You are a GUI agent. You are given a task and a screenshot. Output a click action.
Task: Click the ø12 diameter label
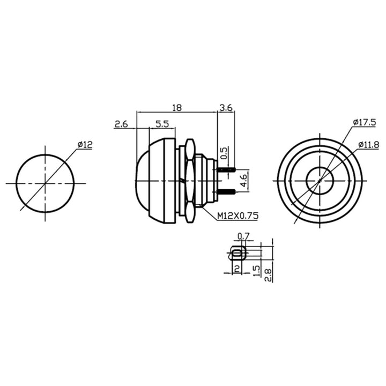85,145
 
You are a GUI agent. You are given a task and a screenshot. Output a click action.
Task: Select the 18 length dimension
177,108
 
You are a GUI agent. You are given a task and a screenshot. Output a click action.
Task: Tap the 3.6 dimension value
226,108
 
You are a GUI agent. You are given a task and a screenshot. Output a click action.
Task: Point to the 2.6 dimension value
121,124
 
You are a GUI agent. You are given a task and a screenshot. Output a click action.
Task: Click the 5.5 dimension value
162,124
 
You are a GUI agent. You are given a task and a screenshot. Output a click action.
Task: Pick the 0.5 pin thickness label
224,153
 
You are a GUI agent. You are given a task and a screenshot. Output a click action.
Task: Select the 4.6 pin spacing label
244,181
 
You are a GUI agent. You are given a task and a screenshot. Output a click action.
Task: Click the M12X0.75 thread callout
238,216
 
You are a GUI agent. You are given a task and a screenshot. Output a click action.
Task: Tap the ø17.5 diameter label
365,122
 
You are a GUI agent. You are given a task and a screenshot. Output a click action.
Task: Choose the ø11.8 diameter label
369,145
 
